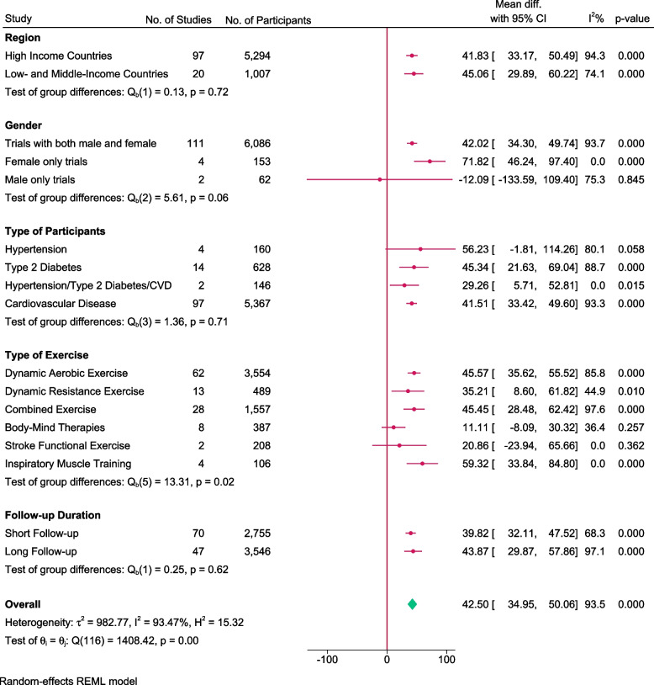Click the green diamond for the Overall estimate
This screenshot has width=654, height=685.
tap(412, 603)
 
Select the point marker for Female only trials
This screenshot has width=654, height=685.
tap(430, 161)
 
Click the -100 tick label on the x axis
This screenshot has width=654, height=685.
tap(326, 660)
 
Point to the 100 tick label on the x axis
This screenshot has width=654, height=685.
tap(446, 660)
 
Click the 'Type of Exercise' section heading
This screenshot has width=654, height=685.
tap(47, 354)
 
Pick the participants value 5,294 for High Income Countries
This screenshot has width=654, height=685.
tap(256, 56)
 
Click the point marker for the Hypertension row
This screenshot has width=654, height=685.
tap(420, 249)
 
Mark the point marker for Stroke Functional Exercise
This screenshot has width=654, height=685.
tap(399, 444)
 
